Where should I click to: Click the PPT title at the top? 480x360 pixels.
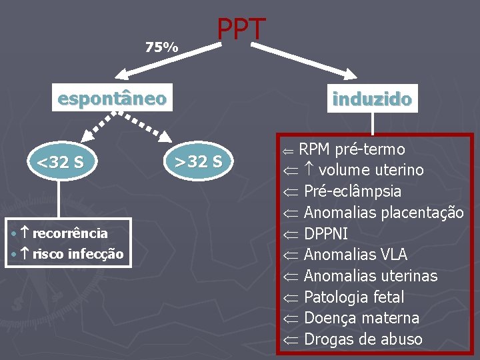pyautogui.click(x=241, y=30)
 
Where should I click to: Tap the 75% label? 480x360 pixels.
pyautogui.click(x=161, y=47)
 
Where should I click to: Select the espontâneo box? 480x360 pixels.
pyautogui.click(x=112, y=99)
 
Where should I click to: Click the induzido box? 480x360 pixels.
pyautogui.click(x=372, y=100)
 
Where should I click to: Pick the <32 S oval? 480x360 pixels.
pyautogui.click(x=59, y=162)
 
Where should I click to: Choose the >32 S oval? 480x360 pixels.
pyautogui.click(x=198, y=161)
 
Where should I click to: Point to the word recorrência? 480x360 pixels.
pyautogui.click(x=69, y=233)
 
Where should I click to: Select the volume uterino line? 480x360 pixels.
pyautogui.click(x=371, y=170)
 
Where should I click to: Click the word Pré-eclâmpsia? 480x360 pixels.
pyautogui.click(x=352, y=191)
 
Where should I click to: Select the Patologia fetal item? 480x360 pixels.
pyautogui.click(x=353, y=297)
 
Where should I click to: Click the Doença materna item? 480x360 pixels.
pyautogui.click(x=361, y=318)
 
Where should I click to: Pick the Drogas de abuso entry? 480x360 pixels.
pyautogui.click(x=363, y=339)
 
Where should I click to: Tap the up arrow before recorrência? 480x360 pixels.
pyautogui.click(x=23, y=233)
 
